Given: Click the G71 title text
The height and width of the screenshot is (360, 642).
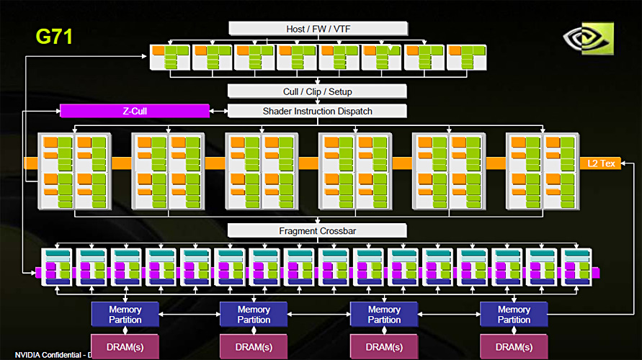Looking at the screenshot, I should pyautogui.click(x=54, y=36).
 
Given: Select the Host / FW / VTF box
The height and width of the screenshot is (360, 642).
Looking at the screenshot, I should pyautogui.click(x=317, y=28).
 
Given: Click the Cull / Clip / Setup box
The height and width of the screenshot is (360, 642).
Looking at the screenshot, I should pyautogui.click(x=317, y=92).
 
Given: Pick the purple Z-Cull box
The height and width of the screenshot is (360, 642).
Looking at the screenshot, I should pyautogui.click(x=135, y=111).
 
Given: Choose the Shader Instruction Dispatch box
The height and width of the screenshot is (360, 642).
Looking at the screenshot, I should pyautogui.click(x=317, y=111).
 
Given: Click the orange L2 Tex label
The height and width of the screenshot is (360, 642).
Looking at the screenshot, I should pyautogui.click(x=600, y=163).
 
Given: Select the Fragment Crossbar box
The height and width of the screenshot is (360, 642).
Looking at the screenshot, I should pyautogui.click(x=317, y=231).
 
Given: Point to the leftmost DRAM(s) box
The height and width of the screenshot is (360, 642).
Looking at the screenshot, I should pyautogui.click(x=125, y=346).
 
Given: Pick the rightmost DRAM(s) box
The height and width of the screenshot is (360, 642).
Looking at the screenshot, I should pyautogui.click(x=514, y=346).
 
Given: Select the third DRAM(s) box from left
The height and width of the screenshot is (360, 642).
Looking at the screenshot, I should pyautogui.click(x=384, y=346).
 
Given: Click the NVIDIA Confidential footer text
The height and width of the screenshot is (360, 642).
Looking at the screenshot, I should pyautogui.click(x=50, y=355).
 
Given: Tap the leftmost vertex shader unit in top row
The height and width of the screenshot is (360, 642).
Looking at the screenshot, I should pyautogui.click(x=169, y=58).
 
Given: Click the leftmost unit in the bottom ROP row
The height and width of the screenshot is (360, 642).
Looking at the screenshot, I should pyautogui.click(x=57, y=267).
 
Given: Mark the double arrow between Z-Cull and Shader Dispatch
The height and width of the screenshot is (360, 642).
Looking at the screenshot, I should pyautogui.click(x=218, y=111).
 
